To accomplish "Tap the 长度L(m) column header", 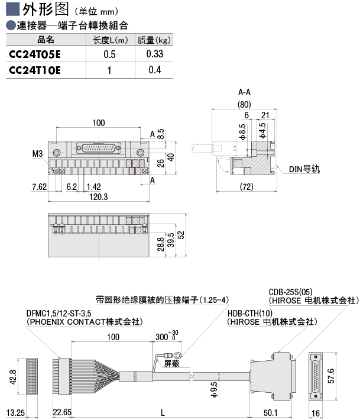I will click(x=110, y=40).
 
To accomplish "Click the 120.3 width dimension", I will click(x=98, y=197).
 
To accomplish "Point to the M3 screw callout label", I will click(x=38, y=154).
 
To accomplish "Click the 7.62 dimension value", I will click(x=39, y=186).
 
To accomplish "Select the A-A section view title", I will click(x=244, y=93).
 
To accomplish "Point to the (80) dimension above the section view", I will click(x=244, y=105).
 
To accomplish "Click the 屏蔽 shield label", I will click(x=171, y=363).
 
